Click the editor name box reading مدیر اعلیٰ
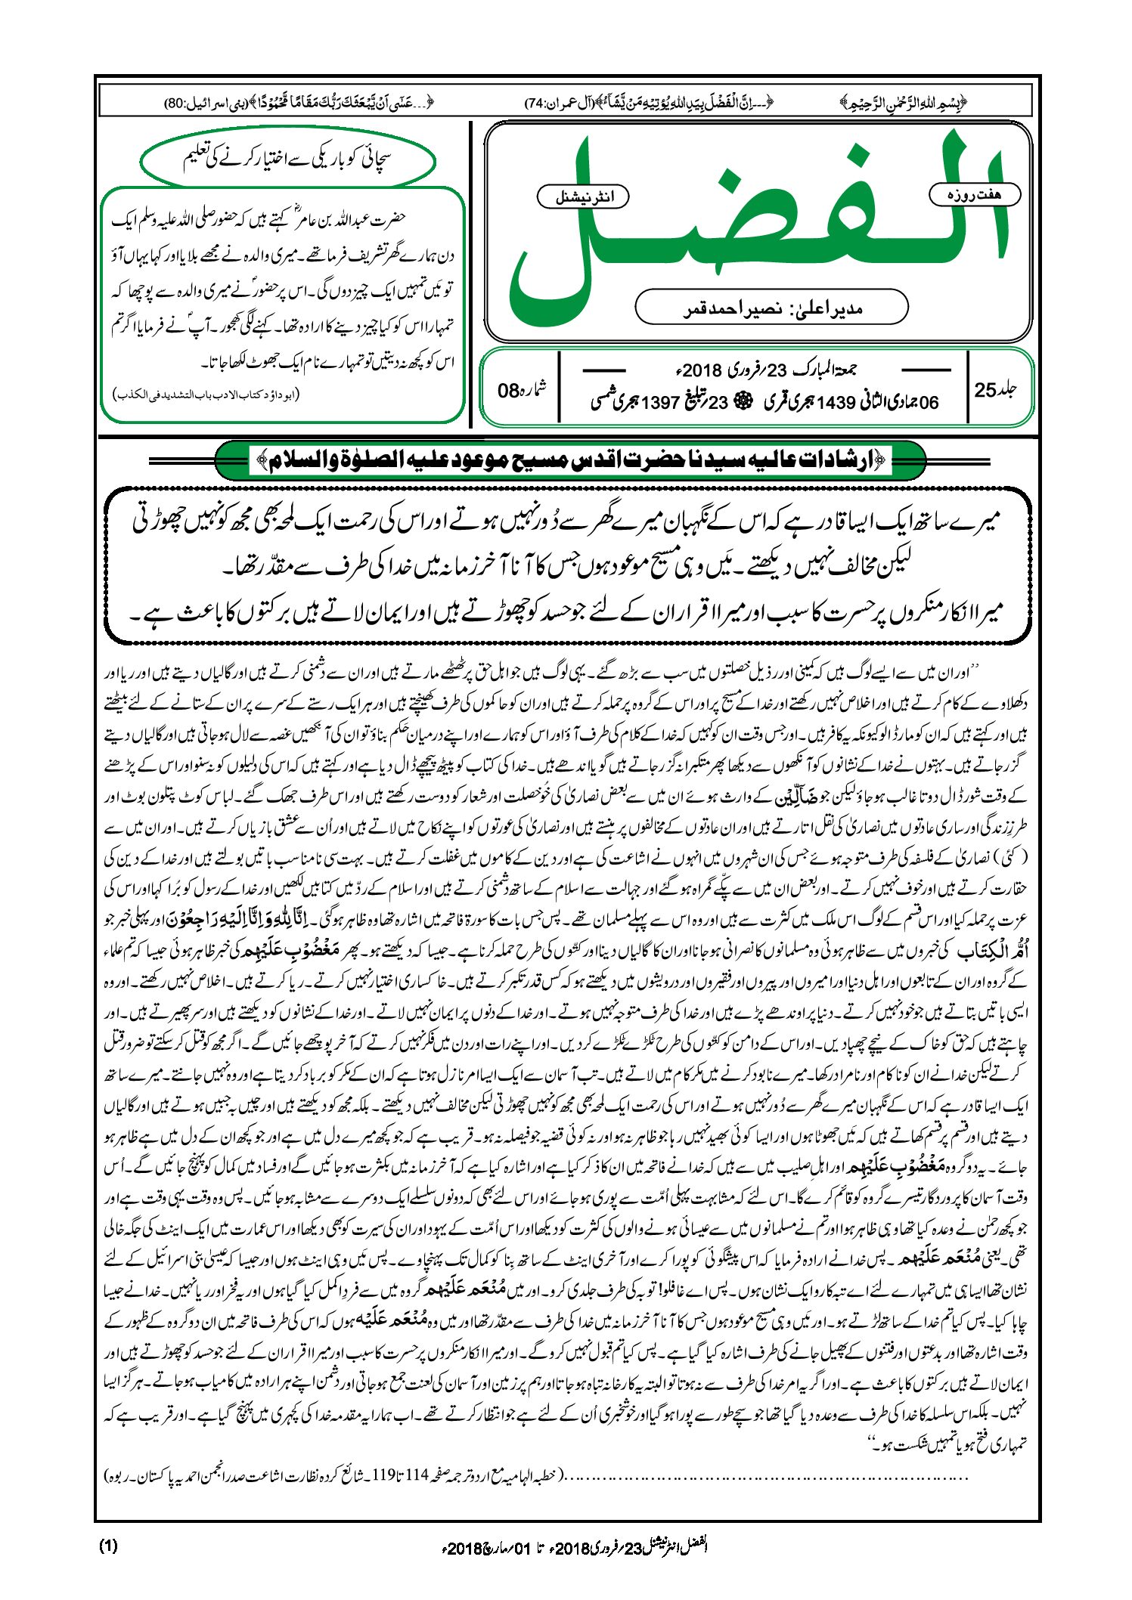pyautogui.click(x=771, y=308)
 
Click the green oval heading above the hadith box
pyautogui.click(x=288, y=159)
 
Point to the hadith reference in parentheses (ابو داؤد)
pyautogui.click(x=206, y=394)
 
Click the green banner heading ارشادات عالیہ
pyautogui.click(x=570, y=460)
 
